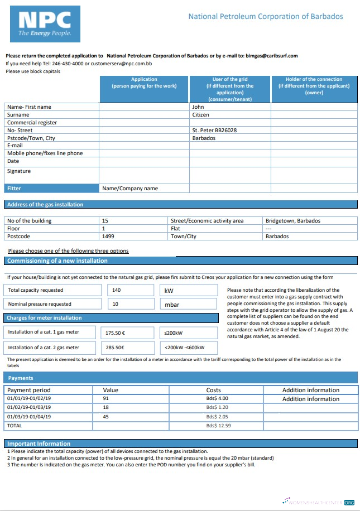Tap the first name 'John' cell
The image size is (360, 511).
(198, 107)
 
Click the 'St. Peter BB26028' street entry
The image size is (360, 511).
(214, 130)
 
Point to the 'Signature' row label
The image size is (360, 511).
(19, 171)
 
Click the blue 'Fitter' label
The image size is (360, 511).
(14, 189)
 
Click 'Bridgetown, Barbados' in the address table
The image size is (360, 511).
(293, 220)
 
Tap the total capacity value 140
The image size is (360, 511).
(117, 290)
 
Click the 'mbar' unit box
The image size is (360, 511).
(172, 305)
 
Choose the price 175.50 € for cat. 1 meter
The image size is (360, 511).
(115, 333)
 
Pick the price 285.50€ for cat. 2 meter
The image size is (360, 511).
(115, 348)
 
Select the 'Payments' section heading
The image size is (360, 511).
(21, 378)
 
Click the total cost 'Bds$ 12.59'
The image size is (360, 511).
(218, 426)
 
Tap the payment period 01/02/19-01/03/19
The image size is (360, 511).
(29, 408)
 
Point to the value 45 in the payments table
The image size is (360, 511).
(106, 417)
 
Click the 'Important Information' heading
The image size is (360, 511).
(39, 443)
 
